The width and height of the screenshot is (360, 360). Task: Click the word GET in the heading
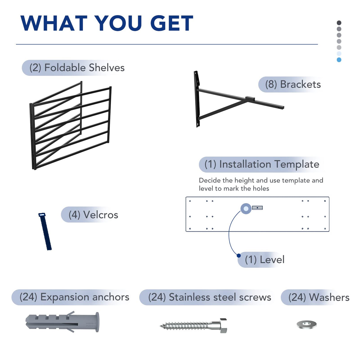(171, 23)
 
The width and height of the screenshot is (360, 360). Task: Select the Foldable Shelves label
(77, 68)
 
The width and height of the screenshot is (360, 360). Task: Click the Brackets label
(293, 85)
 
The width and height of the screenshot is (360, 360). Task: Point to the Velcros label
(93, 215)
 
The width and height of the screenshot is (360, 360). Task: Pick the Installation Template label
(262, 164)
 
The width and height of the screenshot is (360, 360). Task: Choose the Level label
(265, 260)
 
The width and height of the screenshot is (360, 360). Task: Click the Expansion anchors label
(74, 297)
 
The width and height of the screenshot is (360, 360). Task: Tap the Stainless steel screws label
(210, 297)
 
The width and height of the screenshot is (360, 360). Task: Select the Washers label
(319, 297)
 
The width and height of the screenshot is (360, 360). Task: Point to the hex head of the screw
(223, 326)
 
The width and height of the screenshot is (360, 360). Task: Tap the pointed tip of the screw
(160, 326)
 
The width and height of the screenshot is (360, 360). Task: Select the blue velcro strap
(45, 232)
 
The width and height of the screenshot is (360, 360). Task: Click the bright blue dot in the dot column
(339, 60)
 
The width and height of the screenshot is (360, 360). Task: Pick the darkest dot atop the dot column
(339, 23)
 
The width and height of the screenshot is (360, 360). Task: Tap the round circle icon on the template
(246, 208)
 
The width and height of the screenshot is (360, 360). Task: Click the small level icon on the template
(257, 208)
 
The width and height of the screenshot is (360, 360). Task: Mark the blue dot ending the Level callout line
(239, 255)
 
